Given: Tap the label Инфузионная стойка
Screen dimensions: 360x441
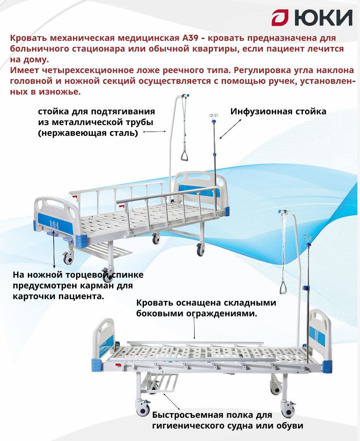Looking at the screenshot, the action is coord(278,112).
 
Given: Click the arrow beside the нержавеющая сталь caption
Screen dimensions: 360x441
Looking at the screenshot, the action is coord(154,132).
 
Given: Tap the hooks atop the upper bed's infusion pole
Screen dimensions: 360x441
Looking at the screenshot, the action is coord(212,116).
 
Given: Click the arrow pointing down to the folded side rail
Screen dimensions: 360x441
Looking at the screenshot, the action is coord(195,330).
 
